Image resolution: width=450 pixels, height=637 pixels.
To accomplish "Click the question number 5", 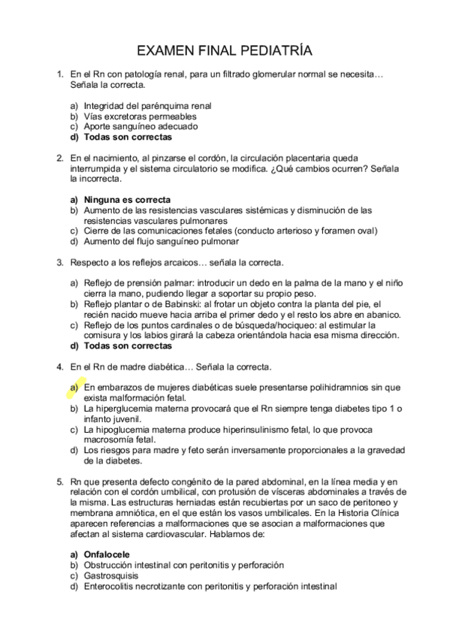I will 60,480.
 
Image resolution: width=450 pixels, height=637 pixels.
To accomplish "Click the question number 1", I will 60,75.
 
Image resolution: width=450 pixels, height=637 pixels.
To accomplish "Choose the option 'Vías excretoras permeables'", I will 140,116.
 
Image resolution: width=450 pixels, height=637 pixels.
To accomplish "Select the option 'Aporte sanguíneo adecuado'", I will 140,127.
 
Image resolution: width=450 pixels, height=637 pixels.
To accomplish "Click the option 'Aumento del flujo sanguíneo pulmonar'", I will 162,242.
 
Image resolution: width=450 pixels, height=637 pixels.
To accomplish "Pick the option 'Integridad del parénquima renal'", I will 147,106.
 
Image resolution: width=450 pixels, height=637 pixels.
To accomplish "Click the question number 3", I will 60,263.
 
